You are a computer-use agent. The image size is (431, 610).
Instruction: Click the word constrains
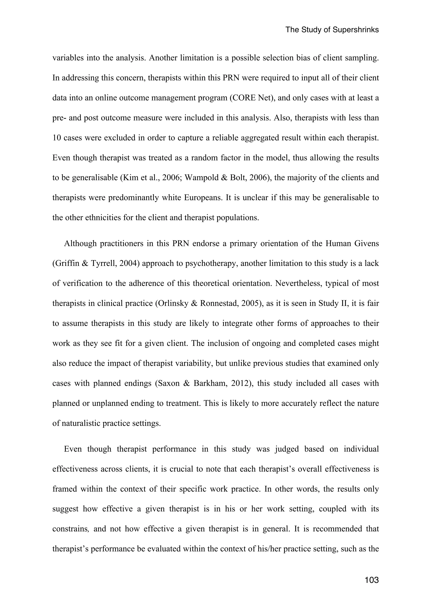[70, 529]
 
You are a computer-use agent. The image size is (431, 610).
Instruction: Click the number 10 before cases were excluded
[57, 138]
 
